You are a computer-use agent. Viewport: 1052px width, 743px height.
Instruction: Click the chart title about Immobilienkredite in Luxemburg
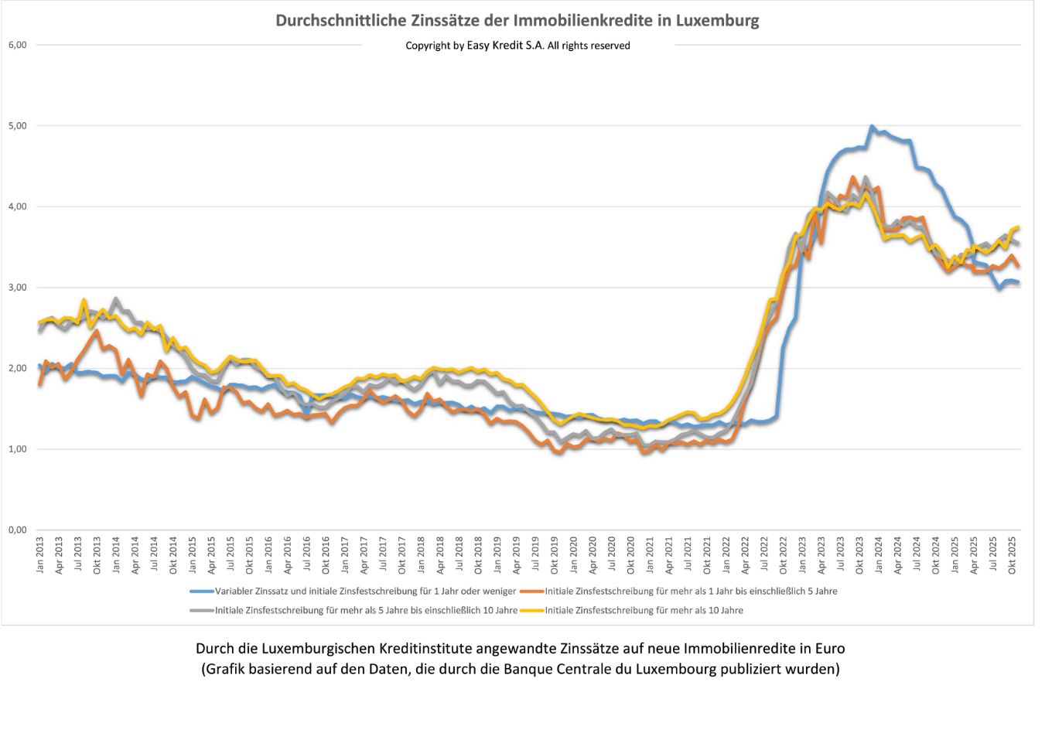pos(517,21)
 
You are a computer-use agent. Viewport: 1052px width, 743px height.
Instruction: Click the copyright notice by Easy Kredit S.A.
pos(517,46)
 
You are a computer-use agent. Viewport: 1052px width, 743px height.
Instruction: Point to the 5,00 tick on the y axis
pos(17,125)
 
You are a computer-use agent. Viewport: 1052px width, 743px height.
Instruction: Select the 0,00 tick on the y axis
pos(17,530)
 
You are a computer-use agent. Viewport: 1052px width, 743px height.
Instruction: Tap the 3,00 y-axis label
pos(17,287)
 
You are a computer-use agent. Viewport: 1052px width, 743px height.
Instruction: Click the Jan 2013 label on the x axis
pos(40,555)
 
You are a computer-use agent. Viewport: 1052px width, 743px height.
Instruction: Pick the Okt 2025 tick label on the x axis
pos(1012,555)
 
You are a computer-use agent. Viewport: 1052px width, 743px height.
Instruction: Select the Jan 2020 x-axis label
pos(573,555)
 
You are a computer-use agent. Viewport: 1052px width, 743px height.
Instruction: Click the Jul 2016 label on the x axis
pos(307,555)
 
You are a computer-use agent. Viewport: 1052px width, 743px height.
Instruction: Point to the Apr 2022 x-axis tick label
pos(745,555)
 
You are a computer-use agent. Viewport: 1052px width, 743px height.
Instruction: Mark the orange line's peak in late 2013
pos(97,331)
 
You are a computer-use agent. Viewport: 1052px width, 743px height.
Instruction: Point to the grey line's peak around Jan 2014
pos(116,298)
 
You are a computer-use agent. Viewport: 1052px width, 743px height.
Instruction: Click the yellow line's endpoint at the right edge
pos(1018,227)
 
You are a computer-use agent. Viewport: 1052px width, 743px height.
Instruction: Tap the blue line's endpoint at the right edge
pos(1018,282)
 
